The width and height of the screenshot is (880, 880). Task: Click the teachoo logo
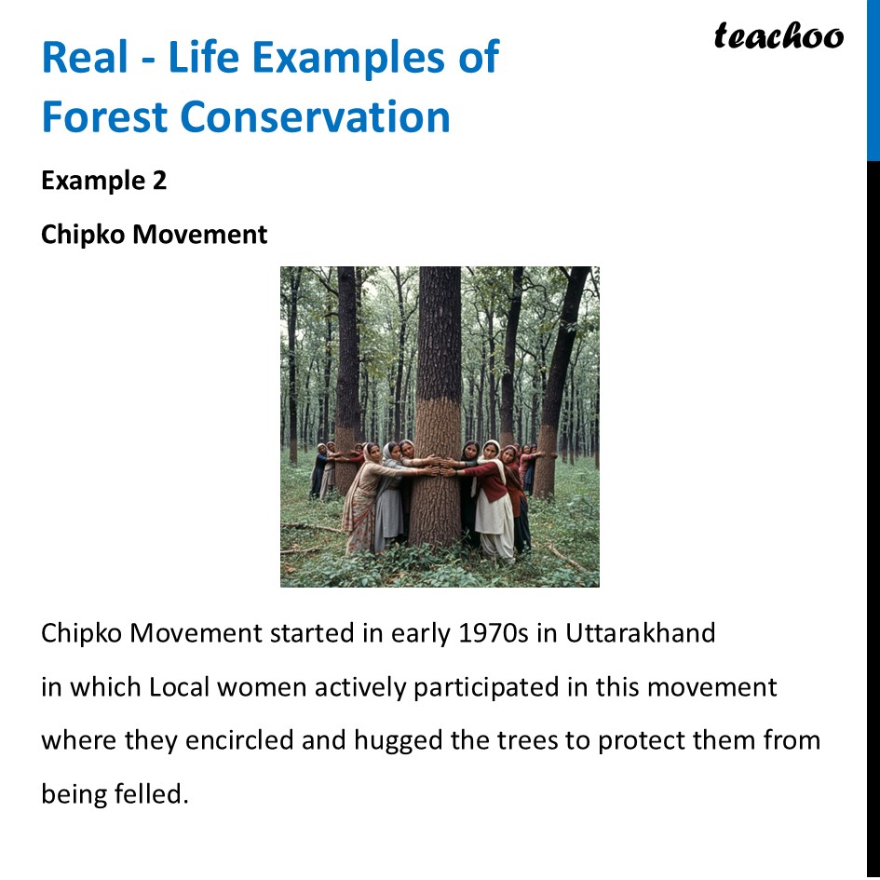(778, 36)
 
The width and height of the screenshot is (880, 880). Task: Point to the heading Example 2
(103, 181)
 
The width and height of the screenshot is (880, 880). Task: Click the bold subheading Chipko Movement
(154, 235)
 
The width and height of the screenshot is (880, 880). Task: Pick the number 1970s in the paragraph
(494, 633)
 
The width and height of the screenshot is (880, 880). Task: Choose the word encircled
(237, 741)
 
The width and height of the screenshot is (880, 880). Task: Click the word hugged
(400, 741)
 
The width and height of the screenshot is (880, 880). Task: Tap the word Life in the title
(199, 59)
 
